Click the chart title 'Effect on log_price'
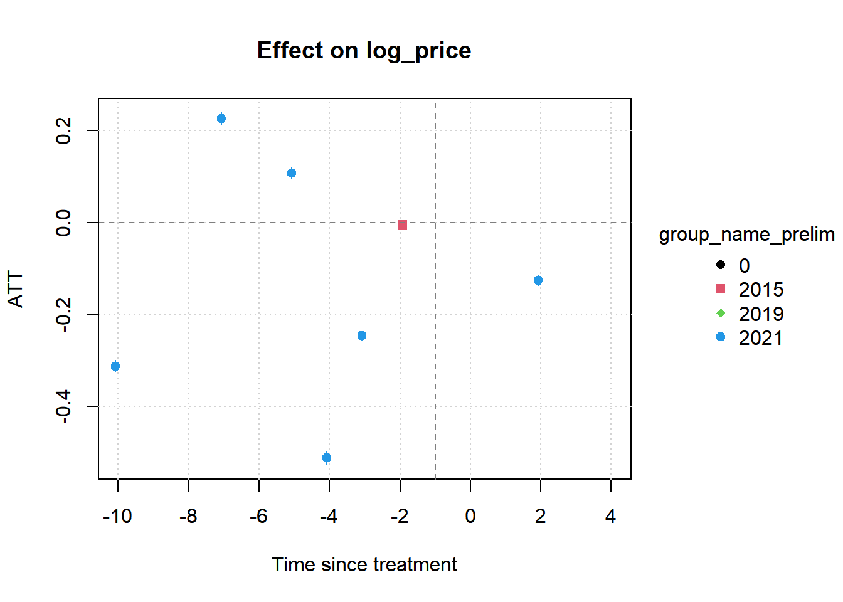coord(364,51)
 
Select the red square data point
coord(403,225)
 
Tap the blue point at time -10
coord(115,366)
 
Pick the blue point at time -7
coord(221,119)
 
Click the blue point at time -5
coord(292,173)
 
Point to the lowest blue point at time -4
coord(327,458)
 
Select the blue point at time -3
coord(362,335)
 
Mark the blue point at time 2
coord(538,280)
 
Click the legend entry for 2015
coord(750,289)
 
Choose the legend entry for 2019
coord(750,314)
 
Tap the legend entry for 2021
coord(750,338)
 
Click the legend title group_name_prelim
coord(747,235)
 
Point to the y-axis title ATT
coord(16,289)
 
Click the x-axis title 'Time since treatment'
coord(364,564)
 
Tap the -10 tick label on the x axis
coord(117,516)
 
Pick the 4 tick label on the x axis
coord(611,516)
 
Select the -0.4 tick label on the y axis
coord(63,406)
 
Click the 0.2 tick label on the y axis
coord(63,130)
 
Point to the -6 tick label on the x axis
coord(258,516)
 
